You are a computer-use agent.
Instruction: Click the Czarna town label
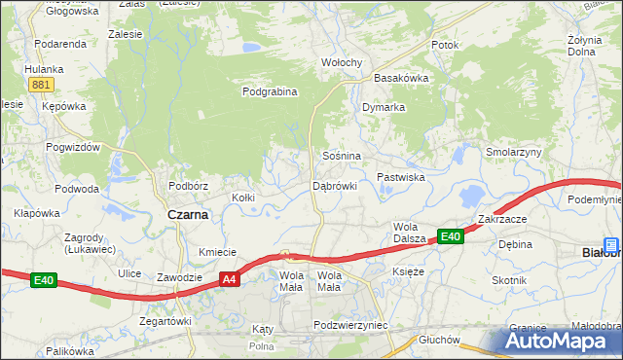(x=188, y=215)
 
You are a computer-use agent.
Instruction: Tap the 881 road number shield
(x=40, y=85)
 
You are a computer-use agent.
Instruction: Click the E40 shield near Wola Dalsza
(x=449, y=235)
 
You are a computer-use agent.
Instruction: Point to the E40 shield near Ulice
(x=43, y=280)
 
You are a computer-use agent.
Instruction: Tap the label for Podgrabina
(x=269, y=91)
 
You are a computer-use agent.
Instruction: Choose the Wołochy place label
(x=342, y=63)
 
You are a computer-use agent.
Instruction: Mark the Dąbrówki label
(x=335, y=185)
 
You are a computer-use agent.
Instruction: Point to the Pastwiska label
(x=401, y=177)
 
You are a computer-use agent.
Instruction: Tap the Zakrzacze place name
(x=502, y=219)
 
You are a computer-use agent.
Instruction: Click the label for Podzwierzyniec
(x=351, y=325)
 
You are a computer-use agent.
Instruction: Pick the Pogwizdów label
(x=73, y=147)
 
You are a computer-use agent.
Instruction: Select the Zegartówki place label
(x=165, y=320)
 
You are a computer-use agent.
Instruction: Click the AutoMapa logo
(x=556, y=342)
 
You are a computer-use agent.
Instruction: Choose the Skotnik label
(x=509, y=280)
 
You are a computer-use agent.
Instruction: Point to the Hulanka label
(x=44, y=69)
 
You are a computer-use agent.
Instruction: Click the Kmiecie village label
(x=218, y=252)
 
